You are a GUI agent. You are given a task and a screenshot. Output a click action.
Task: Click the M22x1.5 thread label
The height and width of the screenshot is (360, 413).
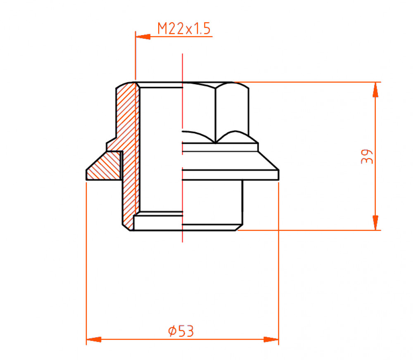coord(184,29)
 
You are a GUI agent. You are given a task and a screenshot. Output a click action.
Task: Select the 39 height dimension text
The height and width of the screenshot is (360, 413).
coord(367,156)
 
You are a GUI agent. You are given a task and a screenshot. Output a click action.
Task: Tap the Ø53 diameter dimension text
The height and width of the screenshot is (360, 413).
coord(181,331)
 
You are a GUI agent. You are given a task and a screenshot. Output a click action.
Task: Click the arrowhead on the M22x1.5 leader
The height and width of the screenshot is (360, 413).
coord(143,37)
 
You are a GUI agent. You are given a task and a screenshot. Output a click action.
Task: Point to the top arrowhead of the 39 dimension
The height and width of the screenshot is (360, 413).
coord(375,90)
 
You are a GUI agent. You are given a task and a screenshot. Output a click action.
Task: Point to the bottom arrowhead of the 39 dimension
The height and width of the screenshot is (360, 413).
coord(375,223)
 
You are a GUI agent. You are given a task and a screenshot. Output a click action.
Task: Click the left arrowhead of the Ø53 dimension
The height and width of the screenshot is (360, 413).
coord(94,339)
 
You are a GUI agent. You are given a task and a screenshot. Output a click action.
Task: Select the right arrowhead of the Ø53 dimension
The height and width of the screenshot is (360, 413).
coord(271,339)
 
